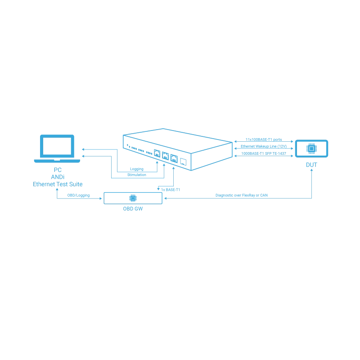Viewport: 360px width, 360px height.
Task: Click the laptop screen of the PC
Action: [x=57, y=146]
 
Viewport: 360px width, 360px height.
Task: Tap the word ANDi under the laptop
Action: [x=58, y=177]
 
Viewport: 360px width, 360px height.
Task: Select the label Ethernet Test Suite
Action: [x=58, y=184]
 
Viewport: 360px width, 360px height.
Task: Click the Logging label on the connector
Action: [x=137, y=169]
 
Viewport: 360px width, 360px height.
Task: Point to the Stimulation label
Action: [x=137, y=175]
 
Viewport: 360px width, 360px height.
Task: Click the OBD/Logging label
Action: [x=78, y=195]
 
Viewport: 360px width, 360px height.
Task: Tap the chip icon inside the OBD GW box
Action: [x=133, y=198]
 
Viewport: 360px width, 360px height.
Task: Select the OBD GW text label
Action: [x=133, y=209]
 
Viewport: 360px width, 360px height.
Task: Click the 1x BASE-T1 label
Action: [x=171, y=189]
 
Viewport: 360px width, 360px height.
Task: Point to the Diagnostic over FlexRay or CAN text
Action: [x=242, y=195]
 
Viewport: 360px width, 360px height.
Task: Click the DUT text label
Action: [x=311, y=165]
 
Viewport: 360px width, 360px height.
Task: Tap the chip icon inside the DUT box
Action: [x=311, y=148]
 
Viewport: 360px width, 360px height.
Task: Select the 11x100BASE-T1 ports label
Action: [x=264, y=139]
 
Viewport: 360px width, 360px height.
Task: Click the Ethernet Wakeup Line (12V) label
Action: [x=264, y=146]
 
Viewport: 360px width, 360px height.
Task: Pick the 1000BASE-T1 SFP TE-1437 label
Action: [x=264, y=153]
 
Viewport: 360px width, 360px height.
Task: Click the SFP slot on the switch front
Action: [x=183, y=162]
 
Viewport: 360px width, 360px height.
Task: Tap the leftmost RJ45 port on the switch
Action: [x=157, y=153]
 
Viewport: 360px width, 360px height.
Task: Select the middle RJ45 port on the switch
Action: [x=165, y=156]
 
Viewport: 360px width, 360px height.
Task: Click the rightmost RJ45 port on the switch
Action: [x=174, y=159]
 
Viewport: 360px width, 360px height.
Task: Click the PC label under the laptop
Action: [x=58, y=170]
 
